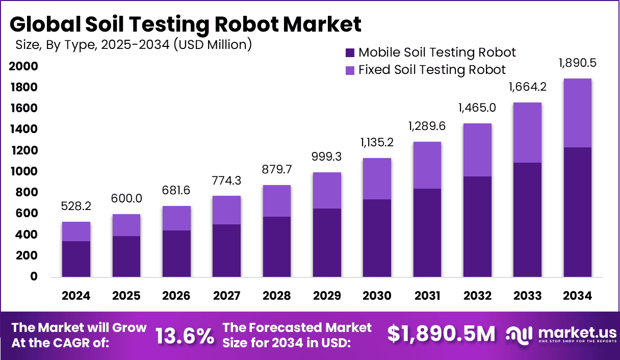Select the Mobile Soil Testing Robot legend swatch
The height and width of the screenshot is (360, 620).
(350, 53)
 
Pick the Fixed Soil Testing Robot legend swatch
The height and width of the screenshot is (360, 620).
(350, 70)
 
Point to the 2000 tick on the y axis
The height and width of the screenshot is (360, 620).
(23, 66)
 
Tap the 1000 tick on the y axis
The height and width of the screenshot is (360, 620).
(23, 171)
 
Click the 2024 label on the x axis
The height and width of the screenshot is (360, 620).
(76, 296)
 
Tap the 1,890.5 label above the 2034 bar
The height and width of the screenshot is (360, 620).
(578, 63)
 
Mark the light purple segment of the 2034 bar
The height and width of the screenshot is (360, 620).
(578, 113)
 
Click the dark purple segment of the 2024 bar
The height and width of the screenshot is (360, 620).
(76, 259)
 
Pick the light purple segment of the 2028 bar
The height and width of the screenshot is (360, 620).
(277, 201)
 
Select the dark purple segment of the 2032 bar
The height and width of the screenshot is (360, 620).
(477, 227)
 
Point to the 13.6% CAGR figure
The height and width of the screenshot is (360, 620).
(185, 335)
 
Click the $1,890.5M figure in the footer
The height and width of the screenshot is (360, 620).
(441, 334)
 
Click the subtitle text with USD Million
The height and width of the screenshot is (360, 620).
(133, 45)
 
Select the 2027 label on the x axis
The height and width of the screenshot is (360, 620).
(226, 296)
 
